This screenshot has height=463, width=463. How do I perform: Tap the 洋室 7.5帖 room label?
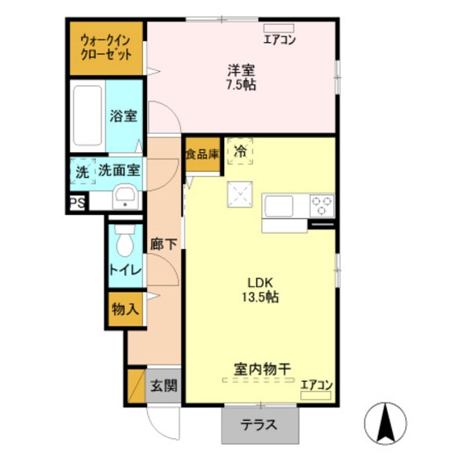[241, 77]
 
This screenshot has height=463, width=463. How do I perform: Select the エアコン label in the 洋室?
[279, 39]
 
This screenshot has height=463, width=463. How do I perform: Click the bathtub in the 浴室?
[86, 115]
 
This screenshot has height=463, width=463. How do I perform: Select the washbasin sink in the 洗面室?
[124, 197]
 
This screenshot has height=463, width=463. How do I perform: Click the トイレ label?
[124, 270]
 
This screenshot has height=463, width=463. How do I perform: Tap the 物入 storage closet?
[124, 309]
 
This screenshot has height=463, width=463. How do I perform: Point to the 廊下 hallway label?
[163, 245]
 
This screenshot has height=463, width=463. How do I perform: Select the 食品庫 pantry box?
[203, 154]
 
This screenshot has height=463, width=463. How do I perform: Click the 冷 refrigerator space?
[240, 152]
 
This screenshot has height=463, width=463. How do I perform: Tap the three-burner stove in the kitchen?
[322, 203]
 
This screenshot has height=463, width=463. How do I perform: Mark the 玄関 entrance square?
[163, 384]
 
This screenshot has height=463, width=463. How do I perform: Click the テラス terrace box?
[259, 427]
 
